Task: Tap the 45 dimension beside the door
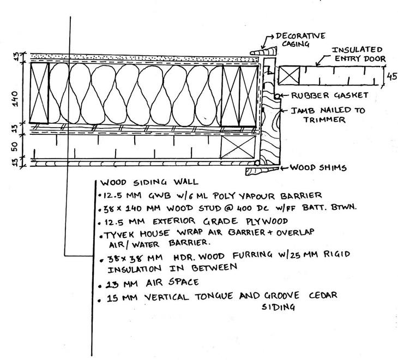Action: pos(391,77)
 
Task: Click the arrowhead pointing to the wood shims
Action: pos(283,168)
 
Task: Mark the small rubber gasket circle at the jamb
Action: pos(278,96)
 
